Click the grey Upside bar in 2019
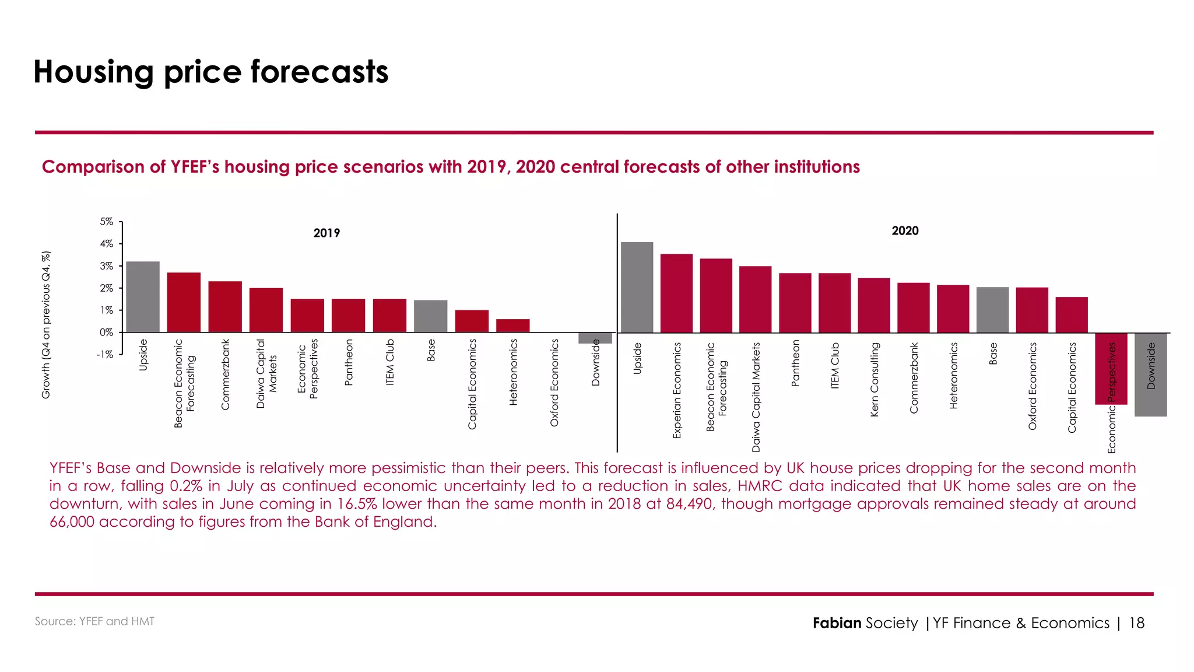pos(143,297)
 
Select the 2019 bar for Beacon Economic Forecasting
pos(184,302)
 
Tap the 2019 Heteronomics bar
pos(513,325)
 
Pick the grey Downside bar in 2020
pos(1150,374)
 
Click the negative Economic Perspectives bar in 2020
pos(1111,369)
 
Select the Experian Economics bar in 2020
pos(676,293)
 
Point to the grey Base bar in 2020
pos(992,310)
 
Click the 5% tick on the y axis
pos(106,222)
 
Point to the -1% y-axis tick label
pos(105,355)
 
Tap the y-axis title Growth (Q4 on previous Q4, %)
pos(46,325)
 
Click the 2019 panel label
pos(326,233)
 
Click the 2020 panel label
pos(905,231)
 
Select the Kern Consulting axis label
pos(874,379)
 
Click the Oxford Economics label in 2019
pos(554,383)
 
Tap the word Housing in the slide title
pos(93,72)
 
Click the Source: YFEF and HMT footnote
pos(94,621)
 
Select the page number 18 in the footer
pos(1136,623)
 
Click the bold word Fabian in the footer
pos(837,623)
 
